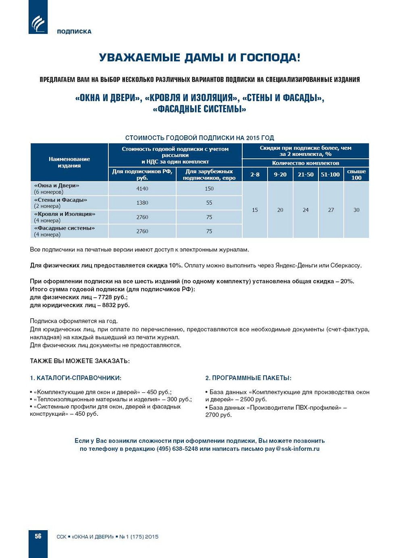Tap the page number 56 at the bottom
pyautogui.click(x=38, y=536)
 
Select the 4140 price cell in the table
pyautogui.click(x=142, y=189)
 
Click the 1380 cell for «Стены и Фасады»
pyautogui.click(x=142, y=203)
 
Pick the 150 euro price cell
pyautogui.click(x=209, y=189)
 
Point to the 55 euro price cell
pyautogui.click(x=209, y=203)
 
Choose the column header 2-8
pyautogui.click(x=255, y=174)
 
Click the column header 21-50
pyautogui.click(x=306, y=174)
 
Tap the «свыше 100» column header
pyautogui.click(x=356, y=174)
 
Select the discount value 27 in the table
pyautogui.click(x=331, y=210)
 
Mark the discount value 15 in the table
pyautogui.click(x=255, y=210)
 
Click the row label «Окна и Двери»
pyautogui.click(x=56, y=186)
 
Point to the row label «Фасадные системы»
pyautogui.click(x=64, y=228)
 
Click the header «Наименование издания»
pyautogui.click(x=69, y=162)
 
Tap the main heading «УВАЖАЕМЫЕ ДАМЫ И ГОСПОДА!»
pyautogui.click(x=200, y=58)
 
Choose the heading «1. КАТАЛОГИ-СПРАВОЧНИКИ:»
pyautogui.click(x=75, y=378)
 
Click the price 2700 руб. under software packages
pyautogui.click(x=218, y=415)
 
